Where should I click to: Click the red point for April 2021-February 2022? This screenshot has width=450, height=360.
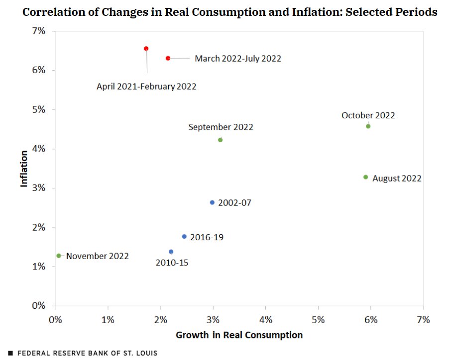[146, 49]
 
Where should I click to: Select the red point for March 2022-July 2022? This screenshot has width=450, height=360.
[168, 58]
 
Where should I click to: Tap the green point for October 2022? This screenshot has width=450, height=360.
[368, 126]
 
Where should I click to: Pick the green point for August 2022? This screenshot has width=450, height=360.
[365, 177]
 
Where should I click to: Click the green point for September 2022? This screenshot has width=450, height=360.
[221, 140]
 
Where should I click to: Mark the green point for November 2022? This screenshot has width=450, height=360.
[59, 256]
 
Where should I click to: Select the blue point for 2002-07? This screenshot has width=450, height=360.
[212, 202]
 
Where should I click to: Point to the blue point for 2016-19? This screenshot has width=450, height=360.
[184, 237]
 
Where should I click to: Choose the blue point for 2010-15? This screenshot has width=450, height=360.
[171, 252]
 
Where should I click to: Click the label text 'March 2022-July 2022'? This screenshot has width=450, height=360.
[237, 59]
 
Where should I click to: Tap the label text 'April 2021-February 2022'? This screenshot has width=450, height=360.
[146, 87]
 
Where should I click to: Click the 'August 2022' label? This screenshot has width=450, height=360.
[397, 179]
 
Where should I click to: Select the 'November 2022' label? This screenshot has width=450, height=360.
[97, 257]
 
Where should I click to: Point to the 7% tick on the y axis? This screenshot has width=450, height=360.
[39, 31]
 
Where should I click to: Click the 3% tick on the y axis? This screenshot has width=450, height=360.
[39, 188]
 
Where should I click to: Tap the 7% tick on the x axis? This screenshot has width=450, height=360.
[423, 319]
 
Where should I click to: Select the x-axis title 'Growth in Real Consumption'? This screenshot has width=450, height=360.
[239, 335]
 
